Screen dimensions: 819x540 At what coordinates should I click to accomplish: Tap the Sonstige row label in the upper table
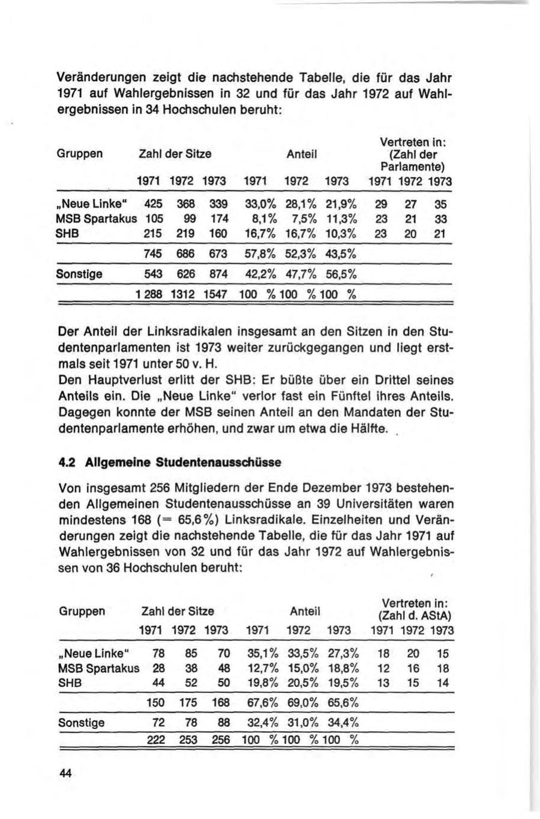tap(79, 274)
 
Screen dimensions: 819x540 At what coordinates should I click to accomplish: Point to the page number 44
tap(65, 773)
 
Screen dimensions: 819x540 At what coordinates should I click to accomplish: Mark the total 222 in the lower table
tap(156, 740)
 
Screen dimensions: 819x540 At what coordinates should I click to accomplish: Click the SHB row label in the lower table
tap(70, 683)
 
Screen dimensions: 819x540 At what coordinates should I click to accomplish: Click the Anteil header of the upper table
tap(302, 154)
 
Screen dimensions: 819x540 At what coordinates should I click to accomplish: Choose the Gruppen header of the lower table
tap(82, 611)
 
